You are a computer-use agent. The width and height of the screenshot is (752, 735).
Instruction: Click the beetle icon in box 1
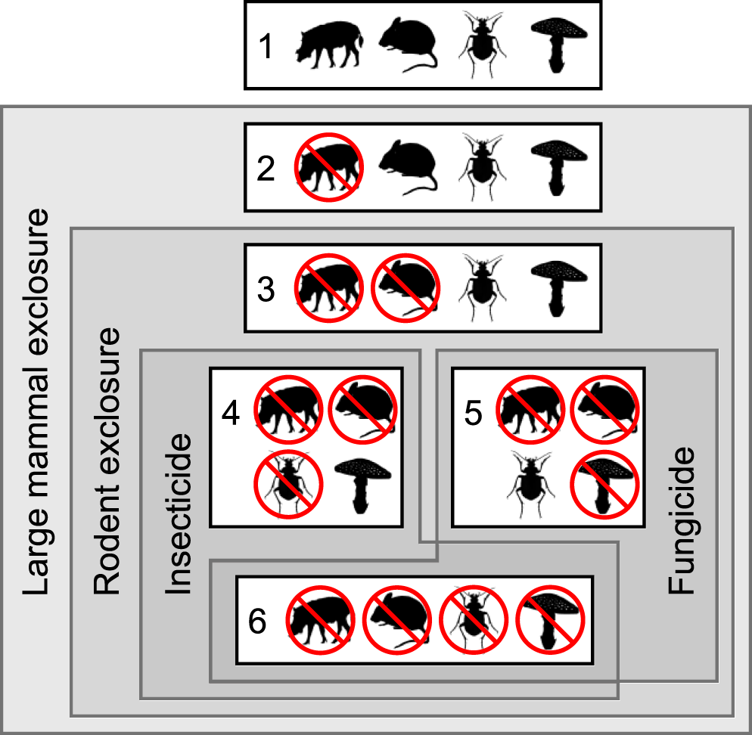click(x=481, y=45)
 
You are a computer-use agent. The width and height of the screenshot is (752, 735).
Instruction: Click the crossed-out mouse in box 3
click(x=406, y=287)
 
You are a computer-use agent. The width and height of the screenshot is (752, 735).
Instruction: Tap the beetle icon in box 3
click(x=481, y=287)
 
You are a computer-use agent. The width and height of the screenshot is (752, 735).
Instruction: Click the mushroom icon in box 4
click(x=362, y=485)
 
